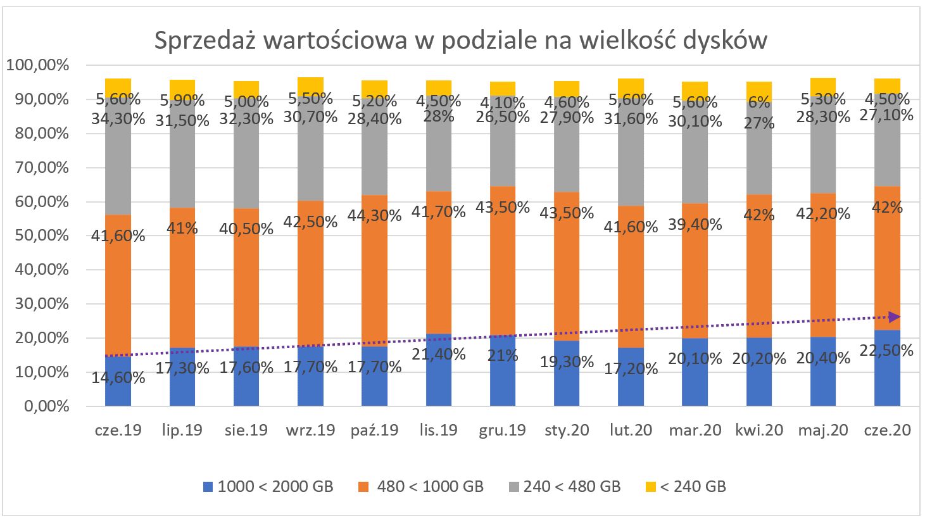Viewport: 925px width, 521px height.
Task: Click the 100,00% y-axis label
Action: tap(38, 65)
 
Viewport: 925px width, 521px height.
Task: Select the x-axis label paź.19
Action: tap(374, 430)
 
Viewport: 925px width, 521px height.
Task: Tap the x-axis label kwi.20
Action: tap(759, 430)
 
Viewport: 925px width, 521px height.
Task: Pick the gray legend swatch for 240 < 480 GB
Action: tap(514, 487)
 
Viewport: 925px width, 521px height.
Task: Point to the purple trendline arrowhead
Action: tap(895, 317)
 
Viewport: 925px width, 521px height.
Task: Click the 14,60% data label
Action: tap(118, 378)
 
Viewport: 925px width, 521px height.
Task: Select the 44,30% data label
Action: tap(374, 216)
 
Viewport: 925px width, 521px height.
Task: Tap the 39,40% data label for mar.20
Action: tap(695, 224)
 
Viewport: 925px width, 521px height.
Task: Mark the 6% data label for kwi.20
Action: tap(759, 102)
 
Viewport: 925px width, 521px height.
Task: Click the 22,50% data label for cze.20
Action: tap(887, 350)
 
